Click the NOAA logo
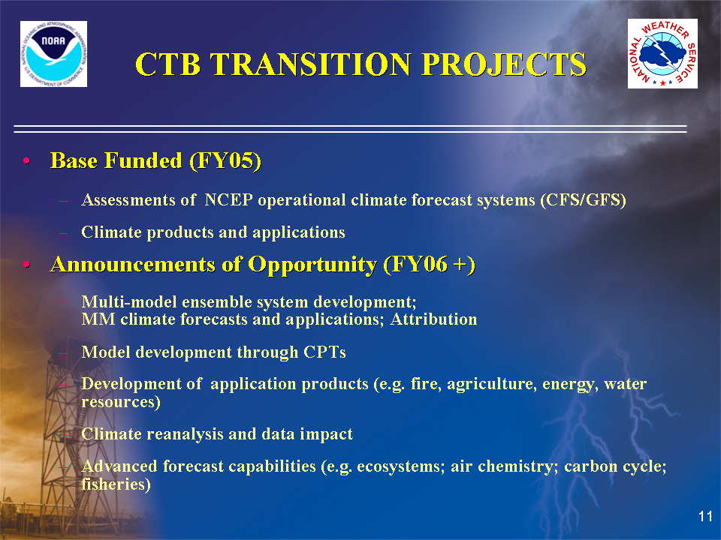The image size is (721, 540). [x=54, y=54]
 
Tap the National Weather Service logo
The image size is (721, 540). [x=662, y=54]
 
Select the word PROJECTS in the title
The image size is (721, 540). [x=504, y=64]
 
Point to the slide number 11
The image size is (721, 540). [x=705, y=516]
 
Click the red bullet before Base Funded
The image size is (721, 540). [x=27, y=161]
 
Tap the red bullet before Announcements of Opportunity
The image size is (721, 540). [x=27, y=265]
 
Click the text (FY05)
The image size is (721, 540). [x=225, y=161]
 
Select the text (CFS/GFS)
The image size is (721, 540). [x=583, y=200]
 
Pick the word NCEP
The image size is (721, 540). [x=228, y=200]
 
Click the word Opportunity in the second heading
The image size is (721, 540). [x=312, y=265]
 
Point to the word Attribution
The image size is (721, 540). [x=433, y=319]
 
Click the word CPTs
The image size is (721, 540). [x=324, y=352]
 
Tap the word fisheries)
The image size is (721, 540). [x=116, y=484]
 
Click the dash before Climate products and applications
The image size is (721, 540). [x=63, y=233]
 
